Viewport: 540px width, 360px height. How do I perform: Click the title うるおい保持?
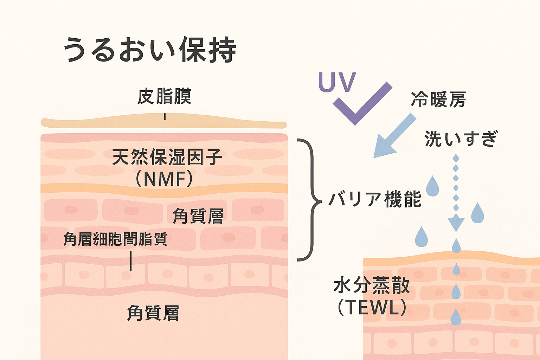(150, 50)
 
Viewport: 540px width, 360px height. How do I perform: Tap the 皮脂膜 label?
(164, 96)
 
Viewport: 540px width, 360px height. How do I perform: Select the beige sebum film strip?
(105, 122)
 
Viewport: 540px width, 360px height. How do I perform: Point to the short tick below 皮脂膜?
(165, 117)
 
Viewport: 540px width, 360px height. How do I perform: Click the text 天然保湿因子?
(167, 157)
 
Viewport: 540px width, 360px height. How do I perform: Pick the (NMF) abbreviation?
(164, 179)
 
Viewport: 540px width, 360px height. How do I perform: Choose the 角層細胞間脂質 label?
(115, 239)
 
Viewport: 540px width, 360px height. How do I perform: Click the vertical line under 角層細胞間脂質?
(131, 261)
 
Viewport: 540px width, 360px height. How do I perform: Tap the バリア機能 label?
(375, 199)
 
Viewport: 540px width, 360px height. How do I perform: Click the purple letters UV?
(337, 82)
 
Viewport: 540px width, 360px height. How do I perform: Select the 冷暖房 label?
(438, 99)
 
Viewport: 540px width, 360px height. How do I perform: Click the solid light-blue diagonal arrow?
(392, 137)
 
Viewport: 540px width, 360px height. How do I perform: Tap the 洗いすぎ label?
(461, 139)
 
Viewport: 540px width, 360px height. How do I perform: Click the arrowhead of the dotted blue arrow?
(456, 224)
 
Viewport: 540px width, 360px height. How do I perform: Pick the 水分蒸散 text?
(371, 285)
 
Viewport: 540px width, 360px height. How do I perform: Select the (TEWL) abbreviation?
(372, 308)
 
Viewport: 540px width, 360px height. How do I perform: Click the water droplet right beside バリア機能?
(432, 186)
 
